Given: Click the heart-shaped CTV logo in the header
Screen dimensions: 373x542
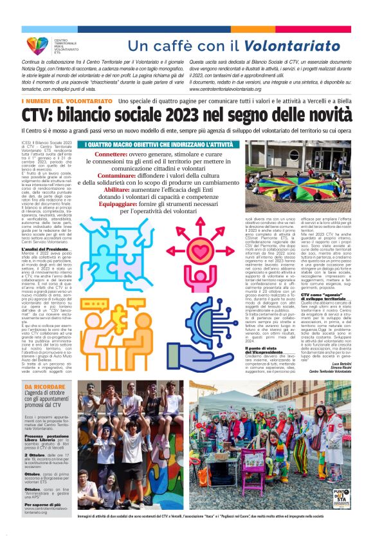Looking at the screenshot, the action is point(37,45).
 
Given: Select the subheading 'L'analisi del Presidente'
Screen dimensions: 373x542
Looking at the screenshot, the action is point(48,249).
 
